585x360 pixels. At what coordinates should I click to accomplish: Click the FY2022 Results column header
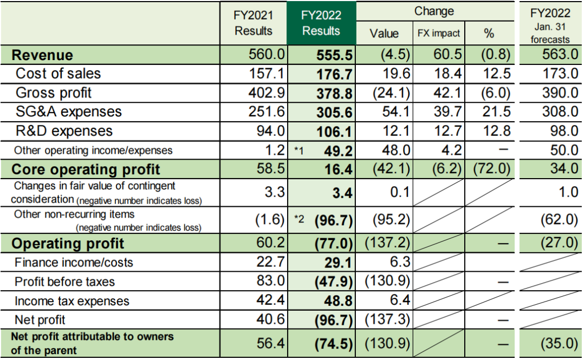pyautogui.click(x=321, y=24)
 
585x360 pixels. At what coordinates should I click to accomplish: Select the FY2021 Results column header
pyautogui.click(x=253, y=24)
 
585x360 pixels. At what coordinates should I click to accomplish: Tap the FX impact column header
pyautogui.click(x=439, y=34)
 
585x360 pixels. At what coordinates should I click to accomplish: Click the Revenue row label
pyautogui.click(x=42, y=55)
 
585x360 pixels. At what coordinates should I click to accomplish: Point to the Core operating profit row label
pyautogui.click(x=86, y=169)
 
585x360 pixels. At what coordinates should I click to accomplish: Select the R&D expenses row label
pyautogui.click(x=64, y=131)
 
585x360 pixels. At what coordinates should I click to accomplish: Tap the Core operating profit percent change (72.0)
pyautogui.click(x=491, y=169)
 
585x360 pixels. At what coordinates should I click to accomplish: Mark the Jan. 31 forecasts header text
pyautogui.click(x=550, y=34)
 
